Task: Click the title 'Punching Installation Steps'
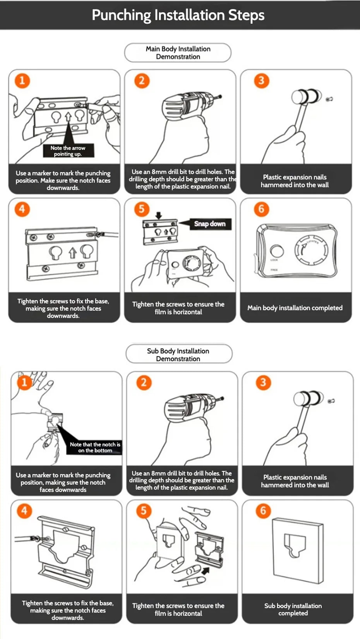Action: [x=178, y=15]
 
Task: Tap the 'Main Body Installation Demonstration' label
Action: [x=178, y=53]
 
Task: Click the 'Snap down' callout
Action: [x=210, y=224]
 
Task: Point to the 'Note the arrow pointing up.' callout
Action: [x=68, y=151]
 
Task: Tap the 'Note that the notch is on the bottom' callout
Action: [x=95, y=447]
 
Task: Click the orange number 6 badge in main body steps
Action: [x=261, y=209]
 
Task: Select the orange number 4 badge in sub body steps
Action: [x=24, y=510]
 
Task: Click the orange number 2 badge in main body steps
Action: [x=142, y=81]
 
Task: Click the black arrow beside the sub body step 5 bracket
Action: [x=205, y=570]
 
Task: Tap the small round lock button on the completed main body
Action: [x=277, y=251]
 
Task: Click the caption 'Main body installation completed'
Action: [x=295, y=308]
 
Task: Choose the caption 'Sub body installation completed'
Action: [x=293, y=609]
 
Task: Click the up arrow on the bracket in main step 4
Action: [x=73, y=253]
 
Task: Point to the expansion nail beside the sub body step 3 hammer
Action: [x=331, y=401]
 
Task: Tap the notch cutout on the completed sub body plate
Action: [x=295, y=545]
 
